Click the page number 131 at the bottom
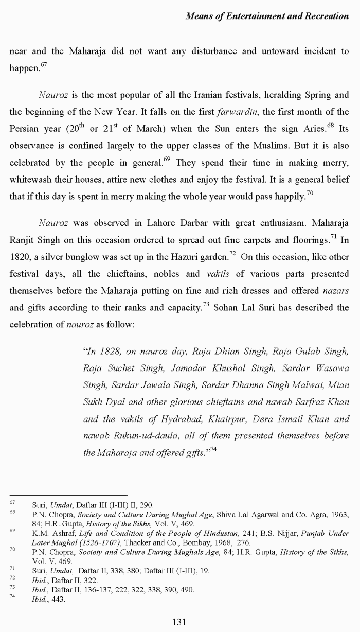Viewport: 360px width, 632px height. click(179, 622)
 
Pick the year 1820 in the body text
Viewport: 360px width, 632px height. click(20, 257)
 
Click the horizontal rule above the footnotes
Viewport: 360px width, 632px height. click(68, 495)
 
